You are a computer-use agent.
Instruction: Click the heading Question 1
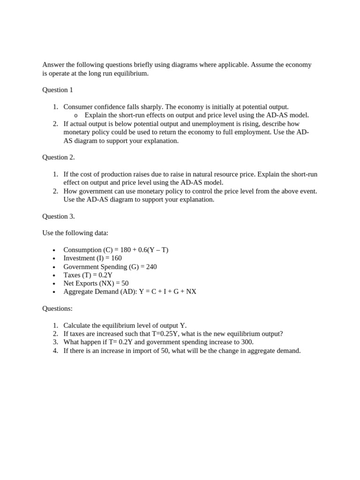[58, 90]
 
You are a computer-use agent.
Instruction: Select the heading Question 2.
[59, 157]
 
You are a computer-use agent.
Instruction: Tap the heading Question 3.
[59, 217]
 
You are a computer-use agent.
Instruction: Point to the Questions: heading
[57, 308]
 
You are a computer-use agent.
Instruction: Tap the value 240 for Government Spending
[151, 267]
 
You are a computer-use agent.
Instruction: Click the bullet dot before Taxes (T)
[54, 276]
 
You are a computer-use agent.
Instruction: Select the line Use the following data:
[75, 233]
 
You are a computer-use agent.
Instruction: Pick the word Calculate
[77, 325]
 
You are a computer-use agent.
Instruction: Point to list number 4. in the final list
[55, 351]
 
